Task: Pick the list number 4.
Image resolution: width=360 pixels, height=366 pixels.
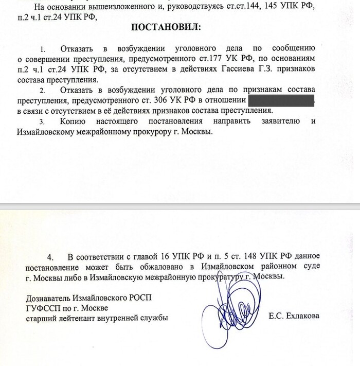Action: (x=50, y=256)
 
